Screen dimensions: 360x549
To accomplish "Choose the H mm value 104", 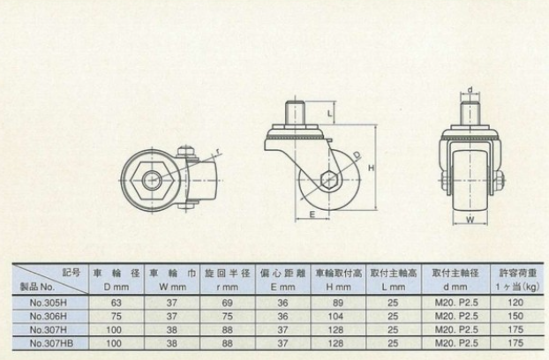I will coord(335,314).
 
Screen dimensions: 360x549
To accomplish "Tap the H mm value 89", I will coord(335,302).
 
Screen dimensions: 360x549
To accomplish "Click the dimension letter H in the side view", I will coord(372,167).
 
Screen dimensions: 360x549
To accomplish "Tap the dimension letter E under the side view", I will coord(312,213).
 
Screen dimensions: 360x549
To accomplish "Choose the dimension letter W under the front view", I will coord(470,219).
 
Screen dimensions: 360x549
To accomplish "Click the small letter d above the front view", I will coord(470,88).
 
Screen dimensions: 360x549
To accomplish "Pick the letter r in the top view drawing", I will coord(218,151).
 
